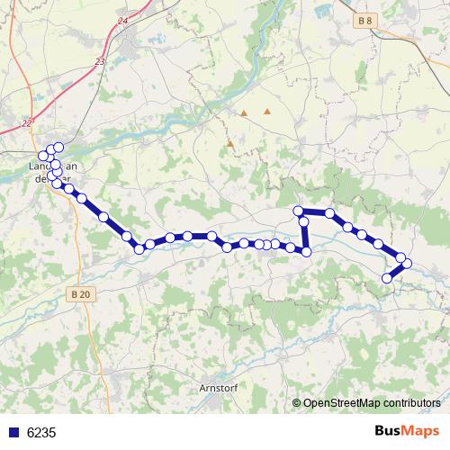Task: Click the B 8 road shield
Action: pyautogui.click(x=363, y=20)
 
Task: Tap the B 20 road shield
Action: pyautogui.click(x=80, y=294)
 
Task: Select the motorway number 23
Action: pyautogui.click(x=100, y=61)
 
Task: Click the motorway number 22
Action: pyautogui.click(x=27, y=123)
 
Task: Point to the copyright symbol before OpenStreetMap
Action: pyautogui.click(x=296, y=403)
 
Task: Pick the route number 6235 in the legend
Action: pyautogui.click(x=41, y=432)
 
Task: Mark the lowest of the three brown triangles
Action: pyautogui.click(x=230, y=142)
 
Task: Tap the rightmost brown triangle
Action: pyautogui.click(x=267, y=112)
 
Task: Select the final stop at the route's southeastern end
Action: pyautogui.click(x=388, y=278)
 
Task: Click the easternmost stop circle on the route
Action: pyautogui.click(x=407, y=264)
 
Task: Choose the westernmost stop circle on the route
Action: pyautogui.click(x=42, y=156)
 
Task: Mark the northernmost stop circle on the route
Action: pyautogui.click(x=59, y=147)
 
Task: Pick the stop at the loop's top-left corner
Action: pyautogui.click(x=299, y=211)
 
